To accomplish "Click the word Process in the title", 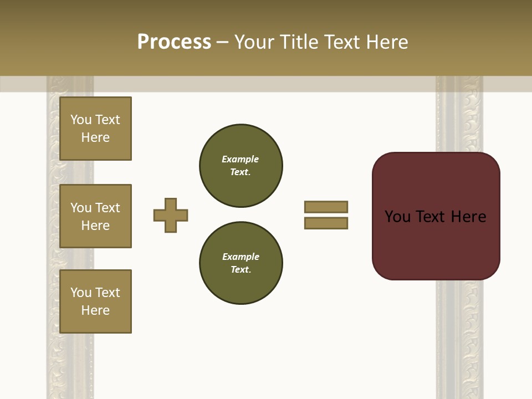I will (174, 42).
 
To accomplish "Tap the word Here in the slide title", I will (387, 42).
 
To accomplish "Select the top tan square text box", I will (95, 129).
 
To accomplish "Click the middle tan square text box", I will (95, 216).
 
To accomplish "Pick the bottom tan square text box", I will (95, 301).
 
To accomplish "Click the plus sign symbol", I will (171, 215).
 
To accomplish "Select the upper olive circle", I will (241, 166).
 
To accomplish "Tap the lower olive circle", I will (241, 263).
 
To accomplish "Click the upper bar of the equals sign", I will (326, 207).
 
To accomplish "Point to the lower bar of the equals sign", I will (326, 223).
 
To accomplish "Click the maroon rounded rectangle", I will (436, 244).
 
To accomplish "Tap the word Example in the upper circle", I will (240, 159).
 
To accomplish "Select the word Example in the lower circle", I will (241, 257).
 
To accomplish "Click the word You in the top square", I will (81, 120).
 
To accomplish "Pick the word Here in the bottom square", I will (95, 310).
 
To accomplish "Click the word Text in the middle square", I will (108, 208).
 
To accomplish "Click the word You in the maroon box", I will (397, 217).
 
